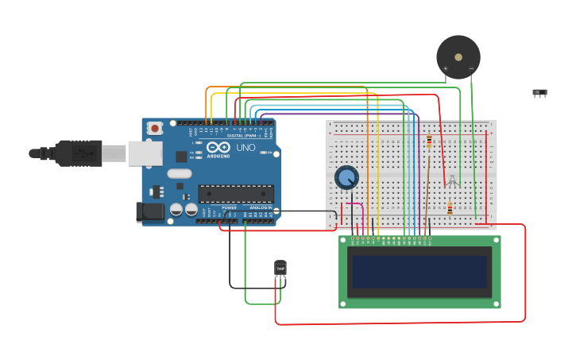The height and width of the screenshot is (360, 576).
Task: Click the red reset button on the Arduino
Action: (x=155, y=128)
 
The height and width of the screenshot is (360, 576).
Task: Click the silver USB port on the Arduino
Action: (x=145, y=153)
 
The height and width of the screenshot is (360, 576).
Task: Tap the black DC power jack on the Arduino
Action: (x=149, y=211)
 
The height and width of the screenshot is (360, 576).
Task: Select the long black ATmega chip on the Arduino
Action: (x=236, y=194)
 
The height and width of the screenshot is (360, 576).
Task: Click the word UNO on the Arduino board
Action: (x=245, y=148)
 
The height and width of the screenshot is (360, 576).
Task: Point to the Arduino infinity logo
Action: (x=218, y=147)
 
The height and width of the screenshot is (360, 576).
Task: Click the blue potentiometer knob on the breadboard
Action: (x=346, y=177)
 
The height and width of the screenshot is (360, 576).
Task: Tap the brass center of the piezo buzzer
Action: (x=458, y=56)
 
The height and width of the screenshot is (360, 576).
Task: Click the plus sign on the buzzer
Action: (x=445, y=69)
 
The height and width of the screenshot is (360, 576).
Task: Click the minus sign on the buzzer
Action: (x=471, y=69)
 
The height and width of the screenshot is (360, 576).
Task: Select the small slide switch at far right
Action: (x=539, y=93)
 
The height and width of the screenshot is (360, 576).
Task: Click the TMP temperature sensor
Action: (x=280, y=269)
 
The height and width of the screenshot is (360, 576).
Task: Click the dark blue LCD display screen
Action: (x=419, y=272)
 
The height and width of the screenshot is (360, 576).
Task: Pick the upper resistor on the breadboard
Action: (x=430, y=141)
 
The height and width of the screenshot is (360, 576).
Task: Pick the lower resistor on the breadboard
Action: (x=450, y=209)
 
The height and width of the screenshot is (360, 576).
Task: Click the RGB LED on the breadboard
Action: (x=452, y=182)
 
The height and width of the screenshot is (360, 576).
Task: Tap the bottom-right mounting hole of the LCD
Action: (x=495, y=303)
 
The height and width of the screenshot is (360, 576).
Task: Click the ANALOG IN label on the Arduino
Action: (x=261, y=207)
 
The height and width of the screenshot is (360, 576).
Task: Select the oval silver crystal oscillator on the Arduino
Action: (x=180, y=173)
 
